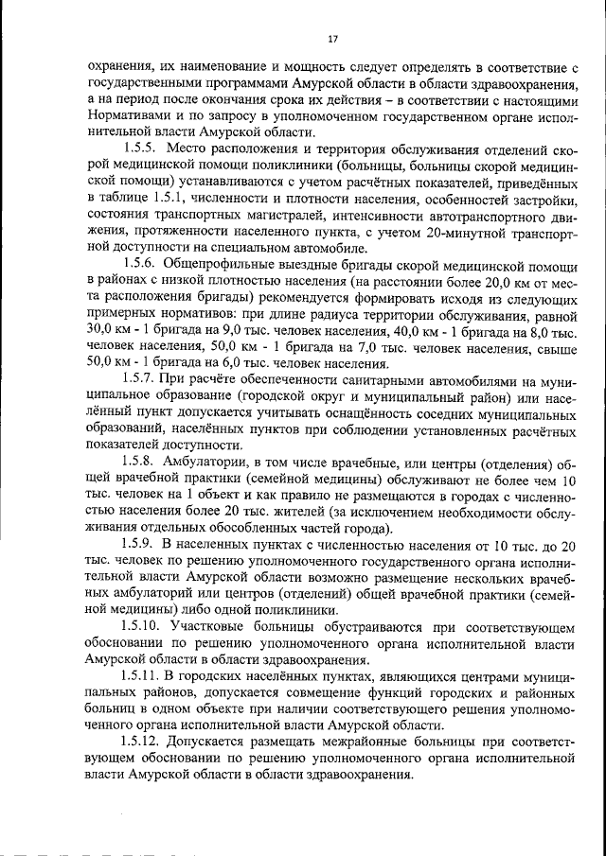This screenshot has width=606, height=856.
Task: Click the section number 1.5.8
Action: tap(141, 462)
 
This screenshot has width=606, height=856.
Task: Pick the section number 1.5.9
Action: tap(141, 546)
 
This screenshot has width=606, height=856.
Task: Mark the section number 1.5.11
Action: tap(145, 678)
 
